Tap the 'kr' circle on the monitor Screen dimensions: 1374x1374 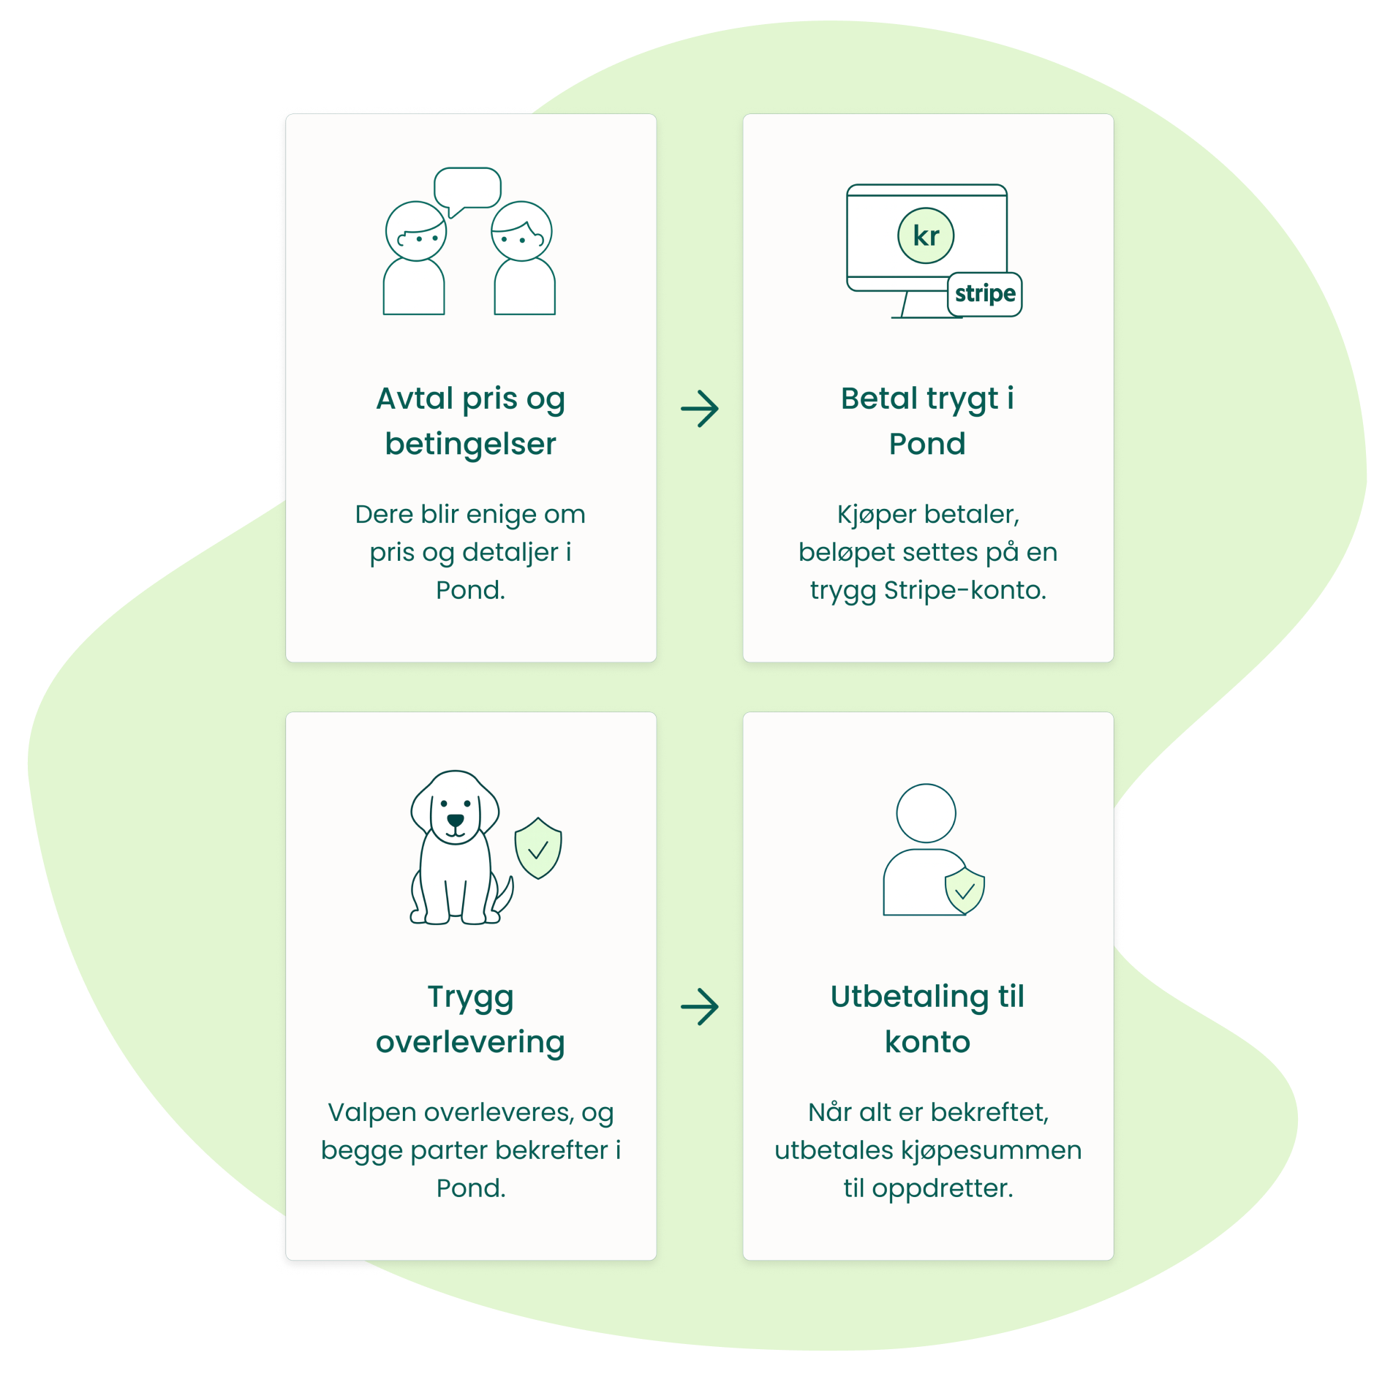pyautogui.click(x=926, y=236)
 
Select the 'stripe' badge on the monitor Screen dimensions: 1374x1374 pyautogui.click(x=985, y=294)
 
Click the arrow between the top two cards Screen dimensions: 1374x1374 pyautogui.click(x=700, y=409)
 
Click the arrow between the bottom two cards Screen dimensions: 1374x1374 pyautogui.click(x=700, y=1007)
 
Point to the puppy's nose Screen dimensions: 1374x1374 pyautogui.click(x=455, y=820)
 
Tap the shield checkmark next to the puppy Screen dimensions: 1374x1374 pyautogui.click(x=538, y=848)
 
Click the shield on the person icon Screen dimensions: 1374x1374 pyautogui.click(x=965, y=891)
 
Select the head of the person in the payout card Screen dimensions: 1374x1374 pyautogui.click(x=926, y=813)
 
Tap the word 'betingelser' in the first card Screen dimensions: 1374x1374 pyautogui.click(x=470, y=445)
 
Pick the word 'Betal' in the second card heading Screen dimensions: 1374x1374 pyautogui.click(x=879, y=399)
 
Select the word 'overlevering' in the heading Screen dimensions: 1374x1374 pyautogui.click(x=470, y=1043)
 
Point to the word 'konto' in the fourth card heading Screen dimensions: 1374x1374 pyautogui.click(x=927, y=1042)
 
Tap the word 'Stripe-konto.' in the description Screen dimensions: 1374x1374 pyautogui.click(x=965, y=590)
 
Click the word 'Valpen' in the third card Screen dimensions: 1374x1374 pyautogui.click(x=371, y=1112)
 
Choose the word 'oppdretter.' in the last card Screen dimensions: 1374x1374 pyautogui.click(x=943, y=1188)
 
